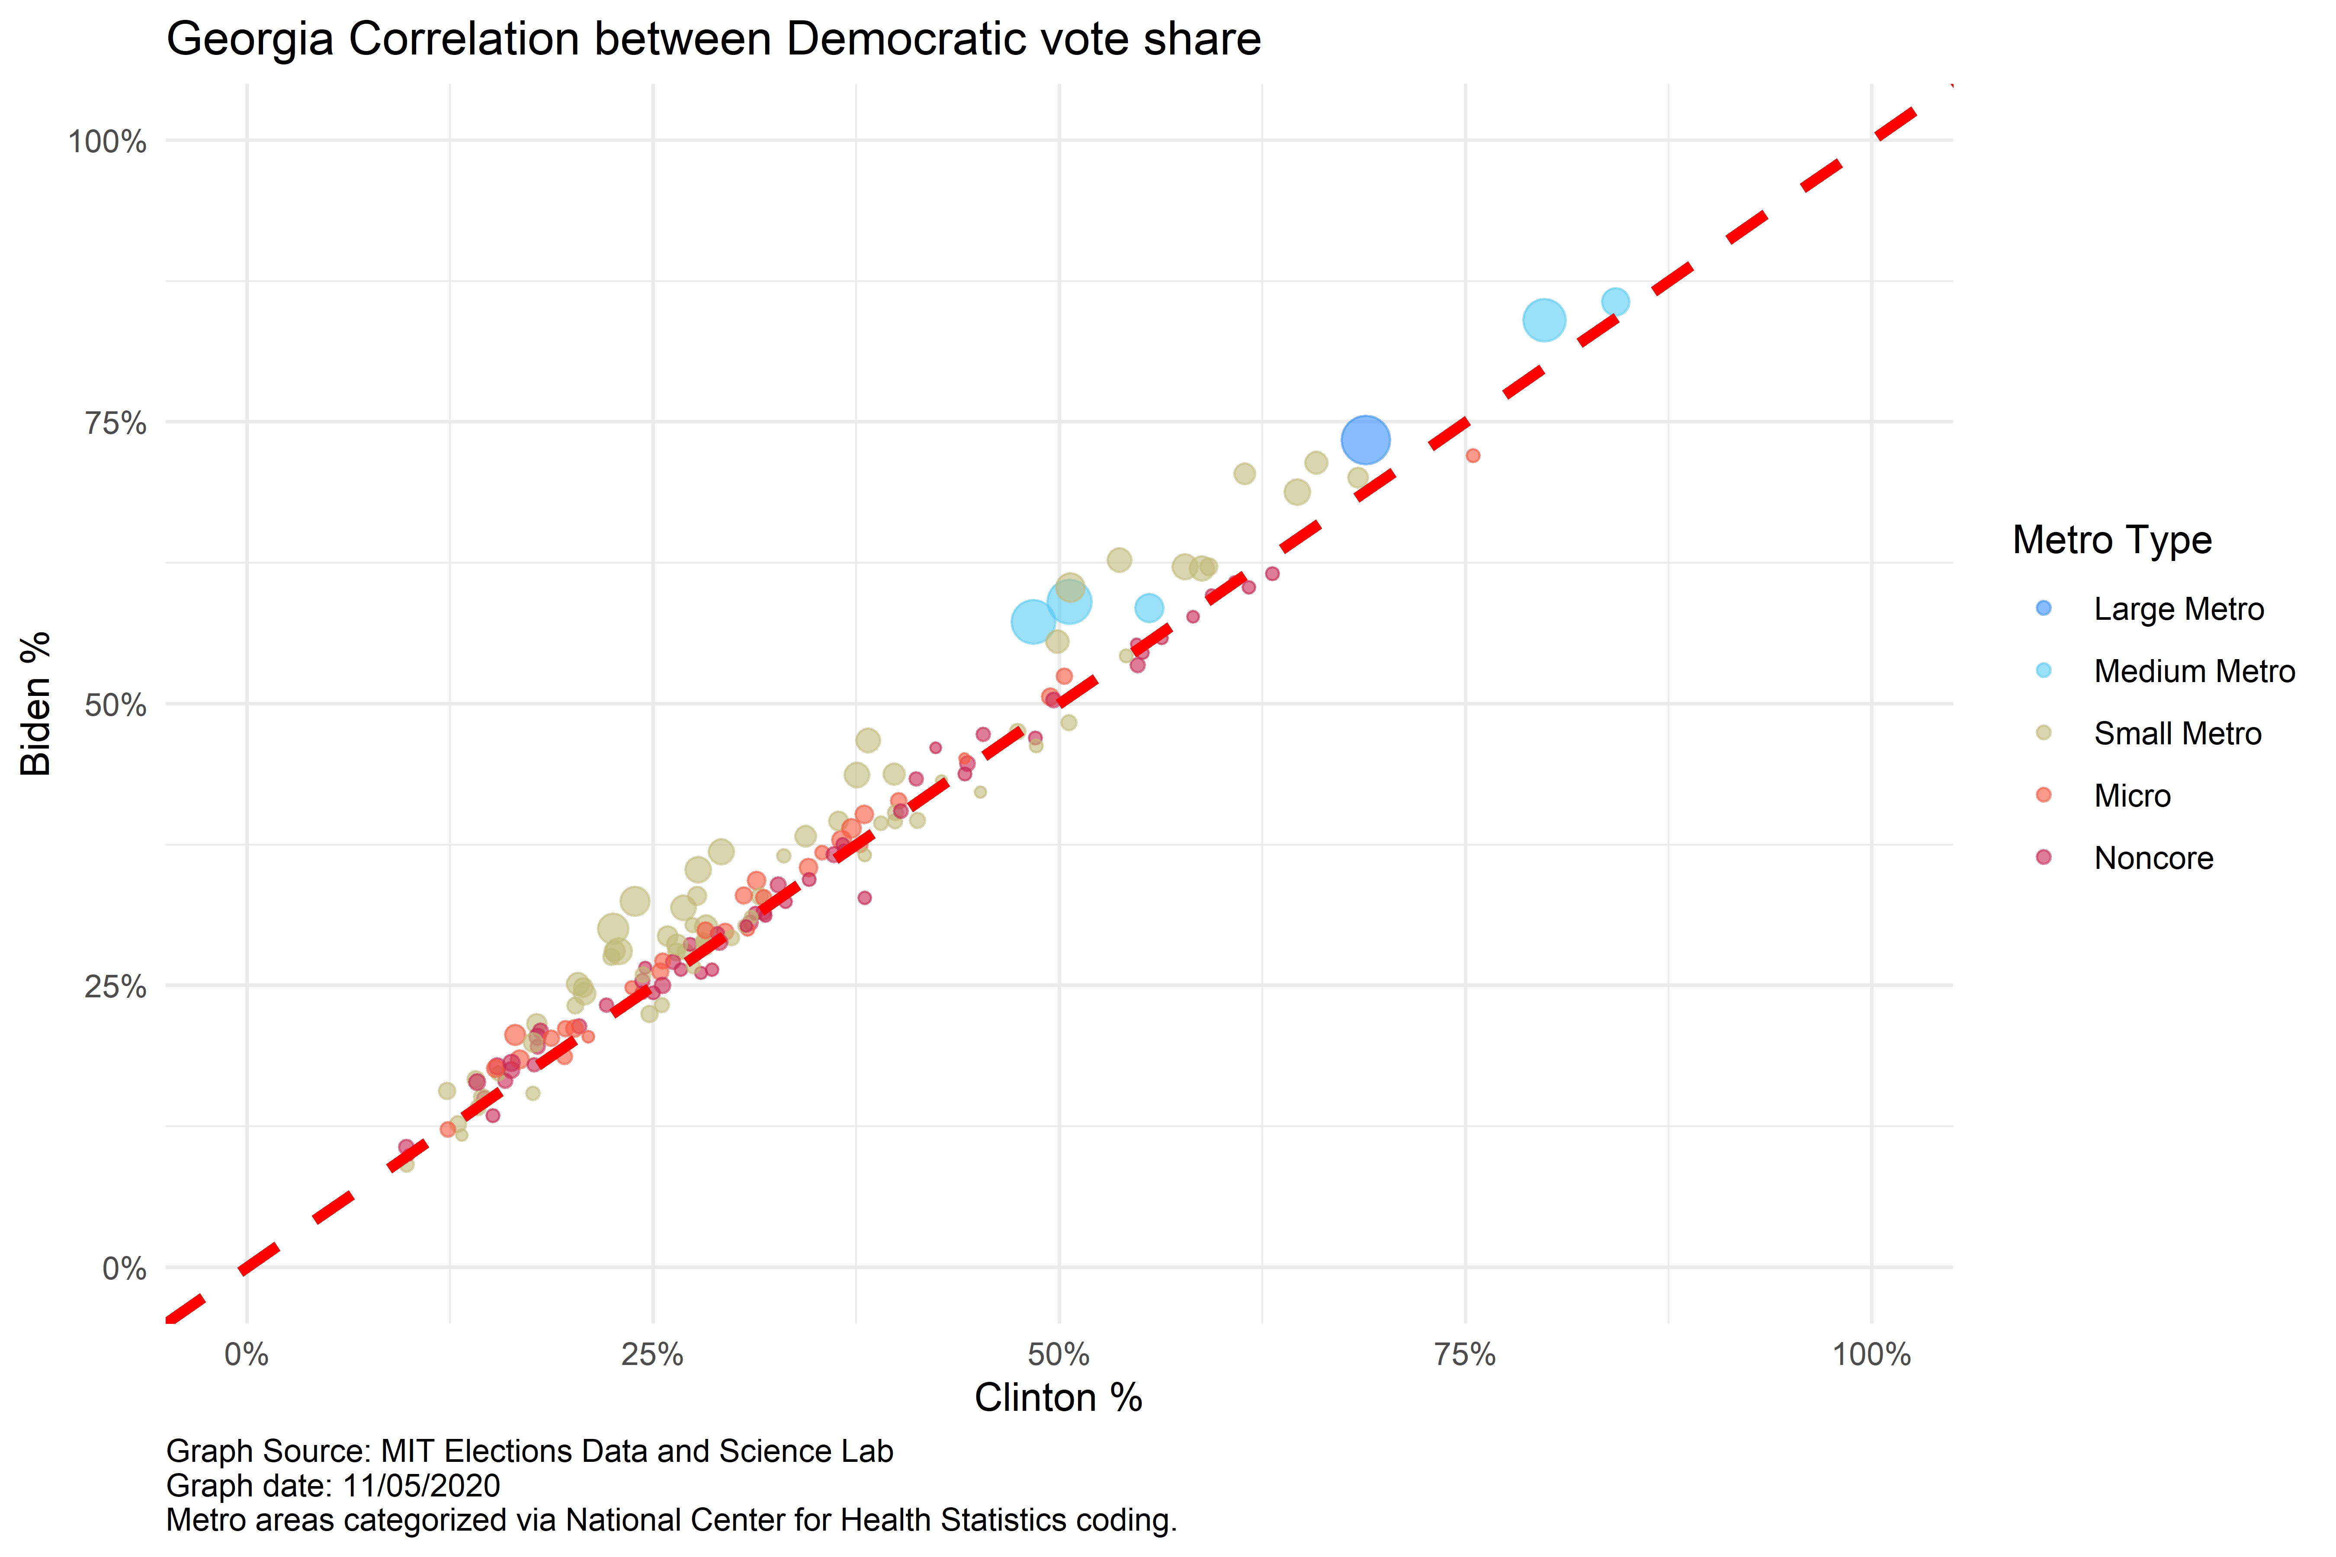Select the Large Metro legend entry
[x=2178, y=609]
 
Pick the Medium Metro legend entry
[x=2193, y=671]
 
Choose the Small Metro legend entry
[x=2177, y=734]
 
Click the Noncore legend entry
[x=2153, y=858]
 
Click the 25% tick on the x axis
[x=652, y=1355]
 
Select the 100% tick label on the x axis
[x=1871, y=1355]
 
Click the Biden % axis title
[x=36, y=703]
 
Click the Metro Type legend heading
[x=2111, y=540]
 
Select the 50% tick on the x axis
[x=1059, y=1355]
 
